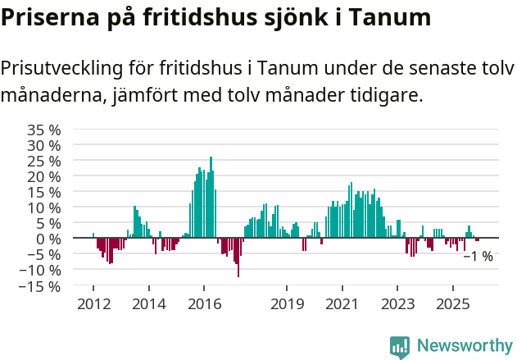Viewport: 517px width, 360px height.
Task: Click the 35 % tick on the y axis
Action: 43,130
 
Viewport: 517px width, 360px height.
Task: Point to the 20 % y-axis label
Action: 43,177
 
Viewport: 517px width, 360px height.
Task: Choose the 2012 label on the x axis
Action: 93,304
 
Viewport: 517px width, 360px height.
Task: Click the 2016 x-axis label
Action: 205,304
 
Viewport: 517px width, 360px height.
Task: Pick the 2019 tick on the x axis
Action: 287,304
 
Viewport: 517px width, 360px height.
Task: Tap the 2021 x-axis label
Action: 342,304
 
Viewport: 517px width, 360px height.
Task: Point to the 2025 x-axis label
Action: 453,304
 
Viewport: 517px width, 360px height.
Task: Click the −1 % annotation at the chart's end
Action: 478,257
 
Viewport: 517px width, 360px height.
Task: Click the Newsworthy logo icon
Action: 400,347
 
